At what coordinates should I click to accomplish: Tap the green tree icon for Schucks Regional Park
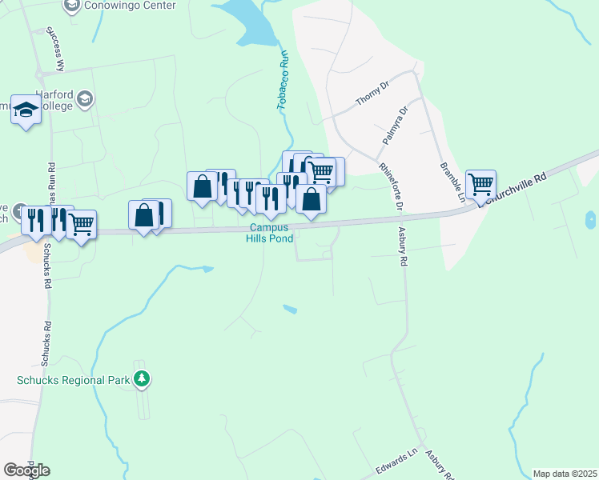point(142,378)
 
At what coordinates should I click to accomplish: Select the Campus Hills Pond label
point(269,233)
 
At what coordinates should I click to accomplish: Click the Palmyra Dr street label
point(395,125)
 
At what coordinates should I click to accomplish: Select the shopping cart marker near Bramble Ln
point(480,185)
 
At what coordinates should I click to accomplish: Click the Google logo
point(26,470)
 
